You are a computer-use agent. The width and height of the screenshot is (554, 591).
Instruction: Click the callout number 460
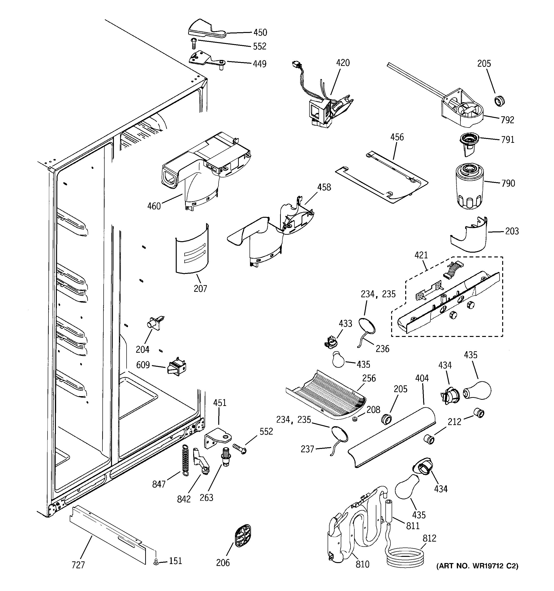(154, 206)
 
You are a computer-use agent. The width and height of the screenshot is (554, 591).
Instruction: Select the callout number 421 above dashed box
(421, 255)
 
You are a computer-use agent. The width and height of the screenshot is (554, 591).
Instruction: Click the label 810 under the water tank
(362, 564)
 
